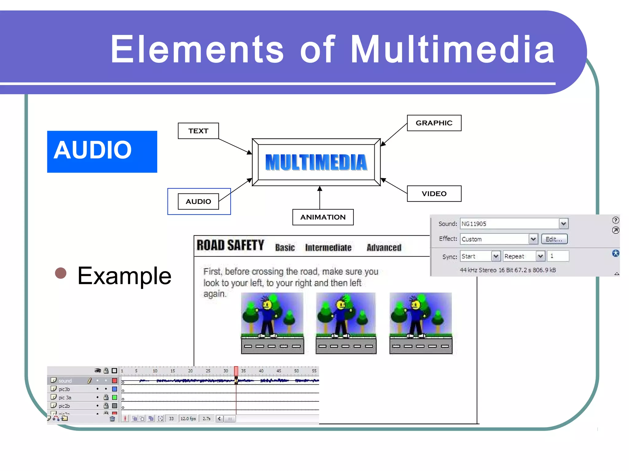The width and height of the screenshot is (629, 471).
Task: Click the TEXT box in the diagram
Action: tap(198, 131)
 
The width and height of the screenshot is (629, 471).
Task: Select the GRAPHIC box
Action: tap(434, 123)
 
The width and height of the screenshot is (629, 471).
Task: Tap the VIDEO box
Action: tap(434, 193)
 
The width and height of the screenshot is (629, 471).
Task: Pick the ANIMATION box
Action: tap(323, 217)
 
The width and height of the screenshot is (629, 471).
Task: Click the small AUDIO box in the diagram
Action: tap(198, 201)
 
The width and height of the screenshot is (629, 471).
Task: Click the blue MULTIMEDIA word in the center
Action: tap(316, 162)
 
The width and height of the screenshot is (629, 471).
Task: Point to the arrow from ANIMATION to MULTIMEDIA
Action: tap(320, 198)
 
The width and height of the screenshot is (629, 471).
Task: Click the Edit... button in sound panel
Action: tap(554, 239)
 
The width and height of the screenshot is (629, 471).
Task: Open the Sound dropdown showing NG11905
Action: tap(563, 224)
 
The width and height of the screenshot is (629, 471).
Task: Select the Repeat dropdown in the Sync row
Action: tap(524, 256)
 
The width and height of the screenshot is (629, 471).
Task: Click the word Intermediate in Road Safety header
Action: tap(328, 247)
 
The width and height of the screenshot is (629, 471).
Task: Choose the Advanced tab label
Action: tap(384, 247)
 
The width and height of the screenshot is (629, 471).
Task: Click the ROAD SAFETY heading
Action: tap(230, 245)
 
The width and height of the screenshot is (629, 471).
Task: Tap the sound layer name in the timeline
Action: tap(65, 381)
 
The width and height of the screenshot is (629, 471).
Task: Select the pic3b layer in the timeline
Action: tap(64, 389)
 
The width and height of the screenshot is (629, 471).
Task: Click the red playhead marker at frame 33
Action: tap(236, 371)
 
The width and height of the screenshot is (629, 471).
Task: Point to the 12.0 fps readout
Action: tap(188, 419)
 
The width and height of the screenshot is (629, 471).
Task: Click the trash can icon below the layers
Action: tap(112, 419)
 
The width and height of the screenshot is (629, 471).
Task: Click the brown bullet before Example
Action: tap(61, 273)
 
